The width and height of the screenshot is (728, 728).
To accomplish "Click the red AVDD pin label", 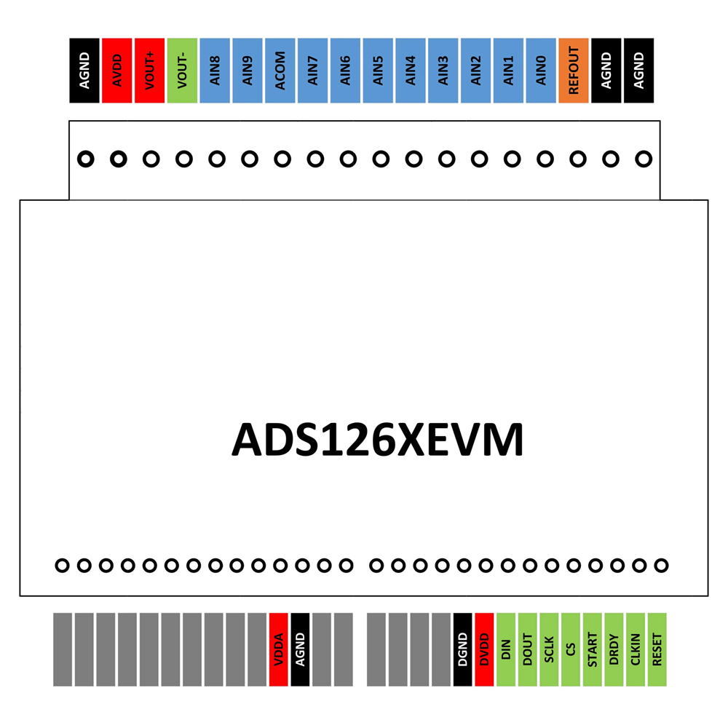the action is coord(117,71).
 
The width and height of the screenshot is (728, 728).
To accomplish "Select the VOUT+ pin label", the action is coord(149,71).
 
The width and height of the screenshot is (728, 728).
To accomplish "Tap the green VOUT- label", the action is coord(182,71).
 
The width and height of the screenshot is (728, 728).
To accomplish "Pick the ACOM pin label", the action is coord(280,71).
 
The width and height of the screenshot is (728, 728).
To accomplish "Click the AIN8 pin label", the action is coord(215,71).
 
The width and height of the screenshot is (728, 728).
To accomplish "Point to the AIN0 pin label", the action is coord(541,71).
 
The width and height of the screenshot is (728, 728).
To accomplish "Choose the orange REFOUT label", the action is coord(574,71).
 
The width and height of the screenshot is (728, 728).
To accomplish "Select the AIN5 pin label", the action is coord(378,71).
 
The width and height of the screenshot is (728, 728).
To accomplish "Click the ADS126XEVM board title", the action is coord(377,439).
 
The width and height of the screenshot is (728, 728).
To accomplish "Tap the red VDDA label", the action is coord(279,649).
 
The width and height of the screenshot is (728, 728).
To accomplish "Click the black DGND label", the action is coord(462,649).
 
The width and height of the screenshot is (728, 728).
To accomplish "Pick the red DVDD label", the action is coord(484,649).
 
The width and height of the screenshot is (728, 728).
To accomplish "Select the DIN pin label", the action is coord(506,649).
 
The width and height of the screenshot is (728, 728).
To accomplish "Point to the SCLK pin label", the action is coord(549,649).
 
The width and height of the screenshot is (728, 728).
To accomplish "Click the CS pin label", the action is coord(571,649).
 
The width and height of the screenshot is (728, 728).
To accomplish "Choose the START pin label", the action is coord(593,649).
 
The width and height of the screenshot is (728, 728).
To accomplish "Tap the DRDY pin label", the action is coord(614,649).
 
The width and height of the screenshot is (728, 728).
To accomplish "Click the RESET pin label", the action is coord(657,649).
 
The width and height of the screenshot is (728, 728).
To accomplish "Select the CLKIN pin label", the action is coord(636,649).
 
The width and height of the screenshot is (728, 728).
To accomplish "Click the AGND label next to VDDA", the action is coord(301,649).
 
